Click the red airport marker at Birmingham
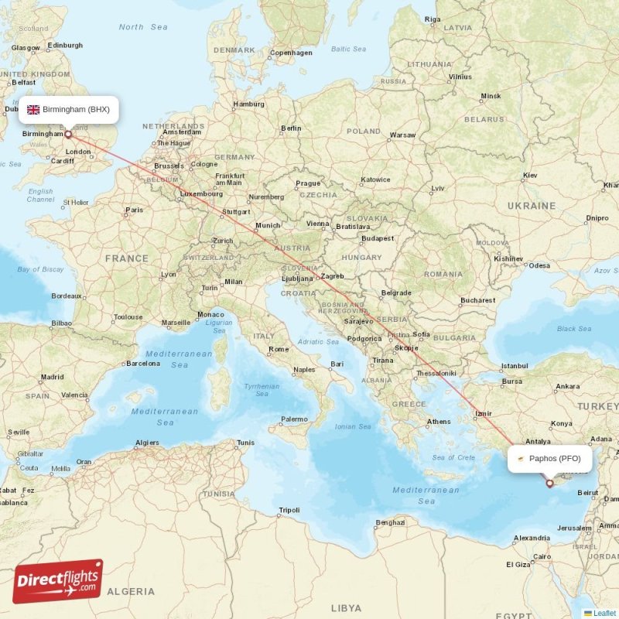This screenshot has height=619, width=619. (68, 134)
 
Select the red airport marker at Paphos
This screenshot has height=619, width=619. (550, 484)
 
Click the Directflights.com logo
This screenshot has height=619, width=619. (58, 581)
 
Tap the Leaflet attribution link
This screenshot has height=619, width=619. (604, 613)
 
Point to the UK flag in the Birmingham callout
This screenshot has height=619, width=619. (33, 109)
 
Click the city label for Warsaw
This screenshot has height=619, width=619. (402, 135)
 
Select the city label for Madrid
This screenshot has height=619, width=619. (53, 377)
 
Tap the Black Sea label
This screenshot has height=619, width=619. (574, 328)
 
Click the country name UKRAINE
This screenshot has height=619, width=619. (531, 206)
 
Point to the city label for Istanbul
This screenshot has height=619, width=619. (514, 365)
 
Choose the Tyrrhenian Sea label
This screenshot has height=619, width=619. (262, 390)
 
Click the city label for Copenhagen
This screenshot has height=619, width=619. (291, 53)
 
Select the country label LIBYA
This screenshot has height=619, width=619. (346, 608)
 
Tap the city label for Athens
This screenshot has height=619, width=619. (439, 422)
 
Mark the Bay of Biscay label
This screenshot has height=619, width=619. (40, 269)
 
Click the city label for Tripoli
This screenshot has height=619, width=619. (289, 510)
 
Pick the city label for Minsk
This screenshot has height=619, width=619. (491, 97)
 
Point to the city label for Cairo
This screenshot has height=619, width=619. (542, 556)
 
